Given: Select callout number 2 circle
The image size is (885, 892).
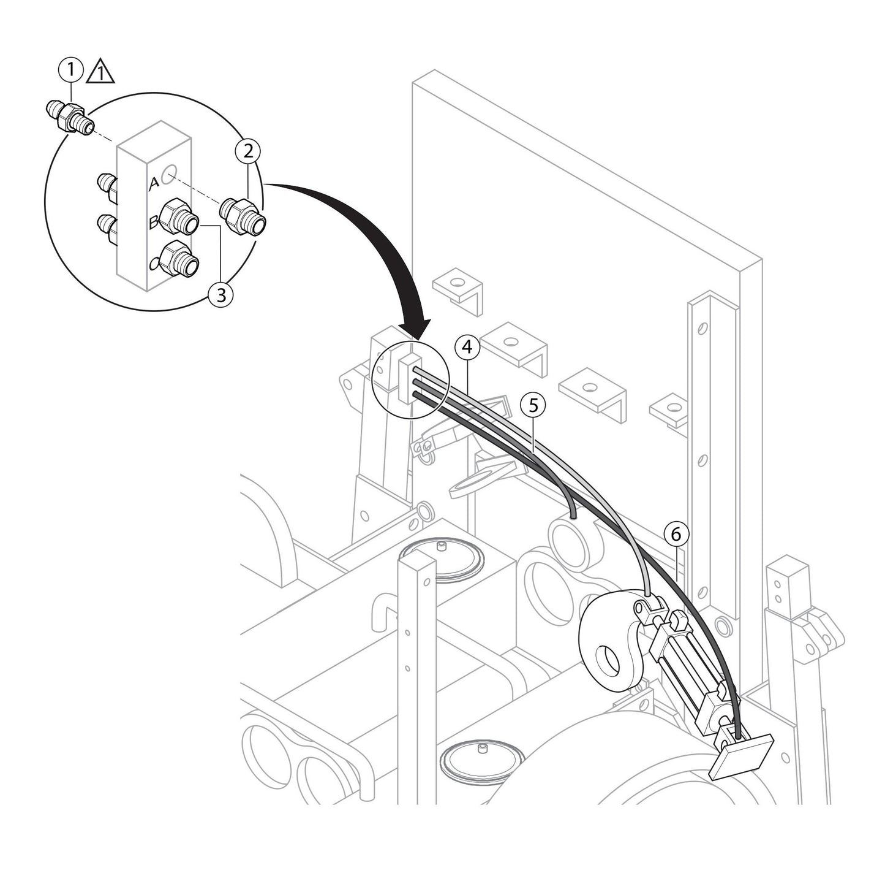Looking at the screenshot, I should click(248, 151).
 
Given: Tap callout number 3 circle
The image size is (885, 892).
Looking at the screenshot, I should click(220, 295).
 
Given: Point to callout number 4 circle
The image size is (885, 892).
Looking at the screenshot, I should click(467, 347).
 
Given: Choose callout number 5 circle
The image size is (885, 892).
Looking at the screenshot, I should click(532, 405).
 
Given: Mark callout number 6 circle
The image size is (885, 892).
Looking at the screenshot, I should click(676, 534).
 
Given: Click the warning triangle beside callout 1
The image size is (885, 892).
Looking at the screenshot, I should click(100, 73).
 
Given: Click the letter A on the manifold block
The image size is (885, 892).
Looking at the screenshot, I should click(155, 182).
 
